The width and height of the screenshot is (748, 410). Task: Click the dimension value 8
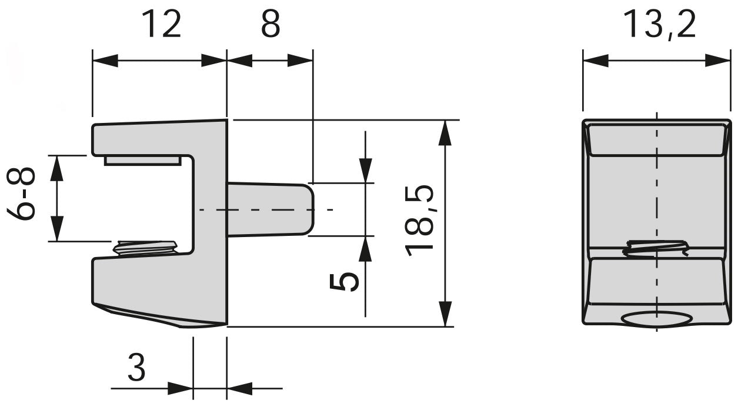pyautogui.click(x=270, y=25)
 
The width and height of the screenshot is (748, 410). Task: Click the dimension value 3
pyautogui.click(x=136, y=369)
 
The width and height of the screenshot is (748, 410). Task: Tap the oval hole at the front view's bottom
pyautogui.click(x=656, y=318)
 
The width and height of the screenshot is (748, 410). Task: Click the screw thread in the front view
pyautogui.click(x=656, y=248)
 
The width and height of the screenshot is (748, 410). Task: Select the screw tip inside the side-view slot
pyautogui.click(x=145, y=247)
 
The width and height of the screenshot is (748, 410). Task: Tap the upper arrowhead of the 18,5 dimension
pyautogui.click(x=446, y=132)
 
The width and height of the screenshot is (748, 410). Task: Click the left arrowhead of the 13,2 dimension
pyautogui.click(x=595, y=60)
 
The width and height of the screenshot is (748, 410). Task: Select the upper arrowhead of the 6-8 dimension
pyautogui.click(x=56, y=168)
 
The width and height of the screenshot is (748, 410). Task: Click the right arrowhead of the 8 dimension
pyautogui.click(x=300, y=60)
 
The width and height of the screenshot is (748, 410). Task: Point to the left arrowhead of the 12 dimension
pyautogui.click(x=106, y=60)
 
